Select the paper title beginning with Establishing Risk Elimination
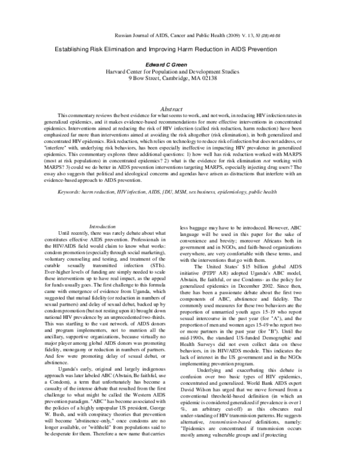click(180, 51)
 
